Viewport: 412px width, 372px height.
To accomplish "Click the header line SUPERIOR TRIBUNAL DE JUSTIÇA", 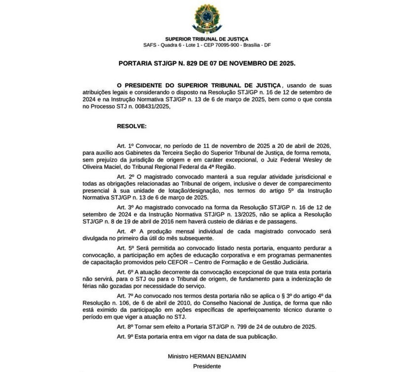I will pos(206,38).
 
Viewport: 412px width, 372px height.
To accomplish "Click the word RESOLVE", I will pos(131,127).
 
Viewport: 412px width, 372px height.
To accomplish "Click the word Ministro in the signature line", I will pos(179,356).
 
